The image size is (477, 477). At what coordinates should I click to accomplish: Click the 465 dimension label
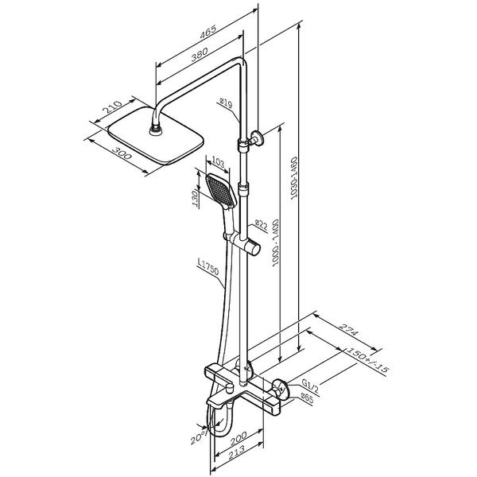coord(207,32)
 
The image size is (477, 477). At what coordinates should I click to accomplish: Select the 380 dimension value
coord(200,54)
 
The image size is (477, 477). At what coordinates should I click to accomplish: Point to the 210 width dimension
coord(113,107)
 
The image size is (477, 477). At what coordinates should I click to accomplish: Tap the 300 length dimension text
coord(122,153)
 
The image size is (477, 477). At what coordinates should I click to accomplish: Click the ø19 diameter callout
coord(227,103)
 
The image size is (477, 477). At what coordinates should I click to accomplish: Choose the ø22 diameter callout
coord(261,225)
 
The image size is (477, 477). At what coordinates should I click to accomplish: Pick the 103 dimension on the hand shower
coord(218,162)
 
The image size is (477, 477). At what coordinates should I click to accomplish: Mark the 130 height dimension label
coord(196,198)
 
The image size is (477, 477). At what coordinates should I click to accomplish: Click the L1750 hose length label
coord(208,267)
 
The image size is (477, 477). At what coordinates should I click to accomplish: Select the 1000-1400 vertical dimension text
coord(275,242)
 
